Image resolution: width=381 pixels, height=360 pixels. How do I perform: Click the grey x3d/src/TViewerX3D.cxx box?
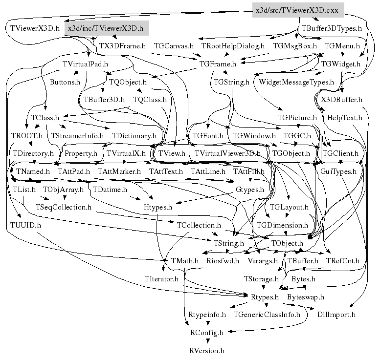click(x=298, y=10)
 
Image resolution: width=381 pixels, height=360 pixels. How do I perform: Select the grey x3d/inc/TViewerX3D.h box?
click(x=106, y=28)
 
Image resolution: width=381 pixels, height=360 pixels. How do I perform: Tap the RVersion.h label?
click(x=206, y=350)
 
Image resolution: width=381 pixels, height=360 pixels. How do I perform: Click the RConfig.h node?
click(x=206, y=333)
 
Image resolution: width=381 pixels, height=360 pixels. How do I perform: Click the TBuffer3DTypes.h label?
click(x=332, y=28)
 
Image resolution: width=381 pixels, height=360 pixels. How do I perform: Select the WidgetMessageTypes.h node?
click(x=296, y=82)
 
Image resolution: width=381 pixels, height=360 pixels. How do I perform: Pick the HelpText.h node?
click(x=344, y=118)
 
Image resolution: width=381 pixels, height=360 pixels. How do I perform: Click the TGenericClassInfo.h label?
click(x=267, y=315)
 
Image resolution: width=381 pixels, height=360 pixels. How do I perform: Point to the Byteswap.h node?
click(x=305, y=297)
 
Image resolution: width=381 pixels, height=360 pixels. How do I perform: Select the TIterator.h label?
click(x=161, y=279)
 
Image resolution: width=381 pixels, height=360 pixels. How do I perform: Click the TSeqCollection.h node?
click(x=64, y=207)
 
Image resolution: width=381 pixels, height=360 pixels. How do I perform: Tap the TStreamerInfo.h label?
click(x=77, y=135)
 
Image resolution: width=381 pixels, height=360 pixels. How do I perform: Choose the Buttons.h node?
click(x=65, y=82)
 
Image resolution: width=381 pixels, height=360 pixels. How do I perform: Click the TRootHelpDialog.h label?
click(x=233, y=46)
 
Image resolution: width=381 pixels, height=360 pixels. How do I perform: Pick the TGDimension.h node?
click(x=282, y=225)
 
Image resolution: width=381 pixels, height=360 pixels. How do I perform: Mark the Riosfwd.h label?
click(x=223, y=261)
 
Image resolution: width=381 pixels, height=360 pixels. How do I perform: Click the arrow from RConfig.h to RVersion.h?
click(x=206, y=341)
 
